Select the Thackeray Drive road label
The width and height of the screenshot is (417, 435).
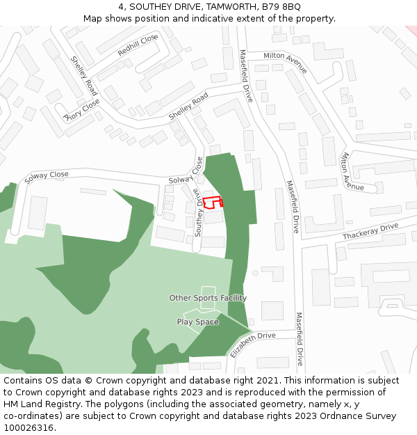(x=370, y=232)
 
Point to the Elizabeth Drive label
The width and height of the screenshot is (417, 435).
(x=253, y=345)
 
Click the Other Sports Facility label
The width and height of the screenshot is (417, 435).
(x=208, y=298)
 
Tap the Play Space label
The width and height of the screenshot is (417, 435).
(x=197, y=322)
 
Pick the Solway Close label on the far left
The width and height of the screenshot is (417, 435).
(x=47, y=177)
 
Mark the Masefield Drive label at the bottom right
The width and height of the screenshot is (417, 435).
(x=300, y=339)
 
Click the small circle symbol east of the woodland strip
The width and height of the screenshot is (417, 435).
(x=255, y=273)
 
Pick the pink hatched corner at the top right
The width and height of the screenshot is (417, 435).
(x=411, y=30)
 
